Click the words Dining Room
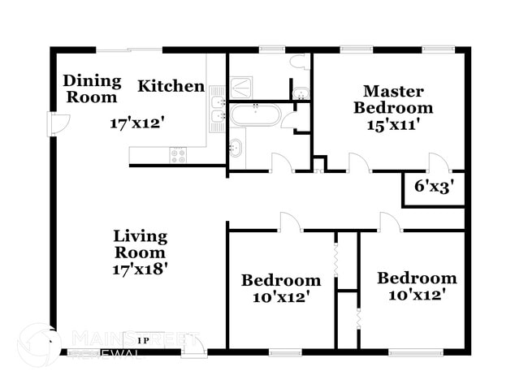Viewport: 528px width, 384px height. (x=92, y=89)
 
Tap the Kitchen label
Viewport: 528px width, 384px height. (x=171, y=85)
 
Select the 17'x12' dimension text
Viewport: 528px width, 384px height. (x=138, y=123)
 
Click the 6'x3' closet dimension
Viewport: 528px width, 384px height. (x=434, y=186)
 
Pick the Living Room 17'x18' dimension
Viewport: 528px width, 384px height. (x=140, y=269)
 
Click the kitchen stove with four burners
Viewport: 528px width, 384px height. (x=177, y=154)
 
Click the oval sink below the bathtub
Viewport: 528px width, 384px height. (x=235, y=149)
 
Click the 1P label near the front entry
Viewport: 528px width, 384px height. (x=143, y=340)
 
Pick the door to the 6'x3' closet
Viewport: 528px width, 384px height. (x=437, y=163)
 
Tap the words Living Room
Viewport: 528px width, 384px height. (x=140, y=244)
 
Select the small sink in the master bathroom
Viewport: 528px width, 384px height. (x=300, y=90)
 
